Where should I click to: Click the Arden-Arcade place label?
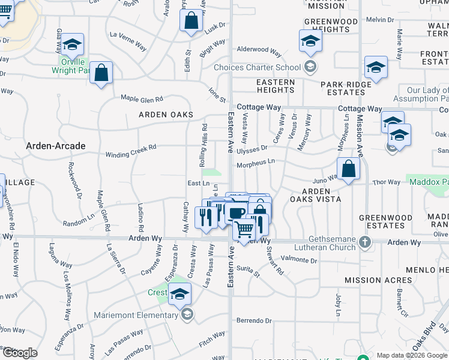(x=56, y=146)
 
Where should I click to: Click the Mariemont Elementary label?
(x=136, y=314)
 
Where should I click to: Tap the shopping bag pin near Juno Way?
(x=348, y=169)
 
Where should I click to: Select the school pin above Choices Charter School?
(x=310, y=41)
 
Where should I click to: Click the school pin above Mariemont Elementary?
(x=179, y=294)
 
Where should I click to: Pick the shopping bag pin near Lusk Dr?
(x=191, y=20)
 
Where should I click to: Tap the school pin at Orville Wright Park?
(x=72, y=44)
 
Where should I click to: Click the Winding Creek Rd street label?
(x=131, y=151)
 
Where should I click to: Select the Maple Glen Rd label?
(x=142, y=98)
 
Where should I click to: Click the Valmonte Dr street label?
(x=298, y=260)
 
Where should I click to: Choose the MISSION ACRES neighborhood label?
(x=371, y=280)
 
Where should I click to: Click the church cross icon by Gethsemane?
(x=364, y=242)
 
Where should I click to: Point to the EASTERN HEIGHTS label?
(x=276, y=86)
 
